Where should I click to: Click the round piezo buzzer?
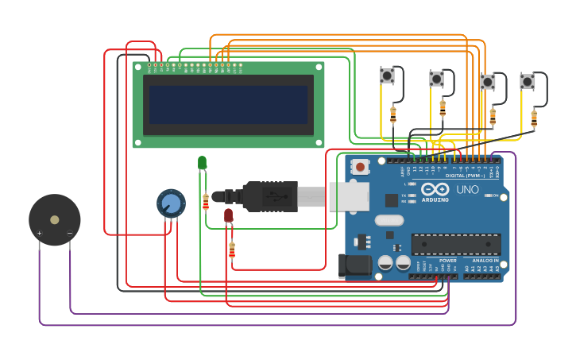pos(54,220)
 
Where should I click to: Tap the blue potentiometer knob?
pos(171,203)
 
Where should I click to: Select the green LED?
pos(202,163)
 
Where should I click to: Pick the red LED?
pos(228,215)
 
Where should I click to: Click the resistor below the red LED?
pos(232,250)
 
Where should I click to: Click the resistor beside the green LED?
pos(206,201)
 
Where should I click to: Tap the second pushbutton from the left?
pos(436,79)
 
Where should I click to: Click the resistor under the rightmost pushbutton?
pos(534,118)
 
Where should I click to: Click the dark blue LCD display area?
pos(228,105)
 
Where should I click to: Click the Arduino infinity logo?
pos(435,190)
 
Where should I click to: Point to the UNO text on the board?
pos(467,190)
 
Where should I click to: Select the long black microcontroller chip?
pos(455,245)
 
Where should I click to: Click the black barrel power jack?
pos(355,265)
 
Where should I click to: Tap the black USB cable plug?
pos(270,196)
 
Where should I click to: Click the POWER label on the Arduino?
pos(448,261)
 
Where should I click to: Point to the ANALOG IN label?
pos(485,261)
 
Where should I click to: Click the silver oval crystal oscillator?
pos(389,220)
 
